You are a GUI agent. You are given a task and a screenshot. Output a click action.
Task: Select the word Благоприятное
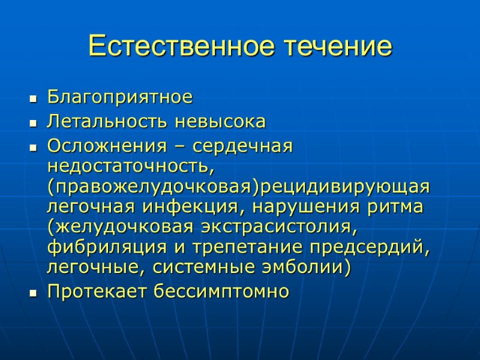coord(120,97)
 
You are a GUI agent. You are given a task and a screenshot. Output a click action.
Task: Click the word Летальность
coord(108,122)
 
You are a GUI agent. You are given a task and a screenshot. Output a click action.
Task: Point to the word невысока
coord(220,122)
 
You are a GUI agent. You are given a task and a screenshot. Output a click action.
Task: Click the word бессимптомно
coord(221,292)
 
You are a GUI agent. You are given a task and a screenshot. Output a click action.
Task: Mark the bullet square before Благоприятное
coord(33,98)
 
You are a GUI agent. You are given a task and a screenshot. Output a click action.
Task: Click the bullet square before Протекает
coord(33,293)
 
